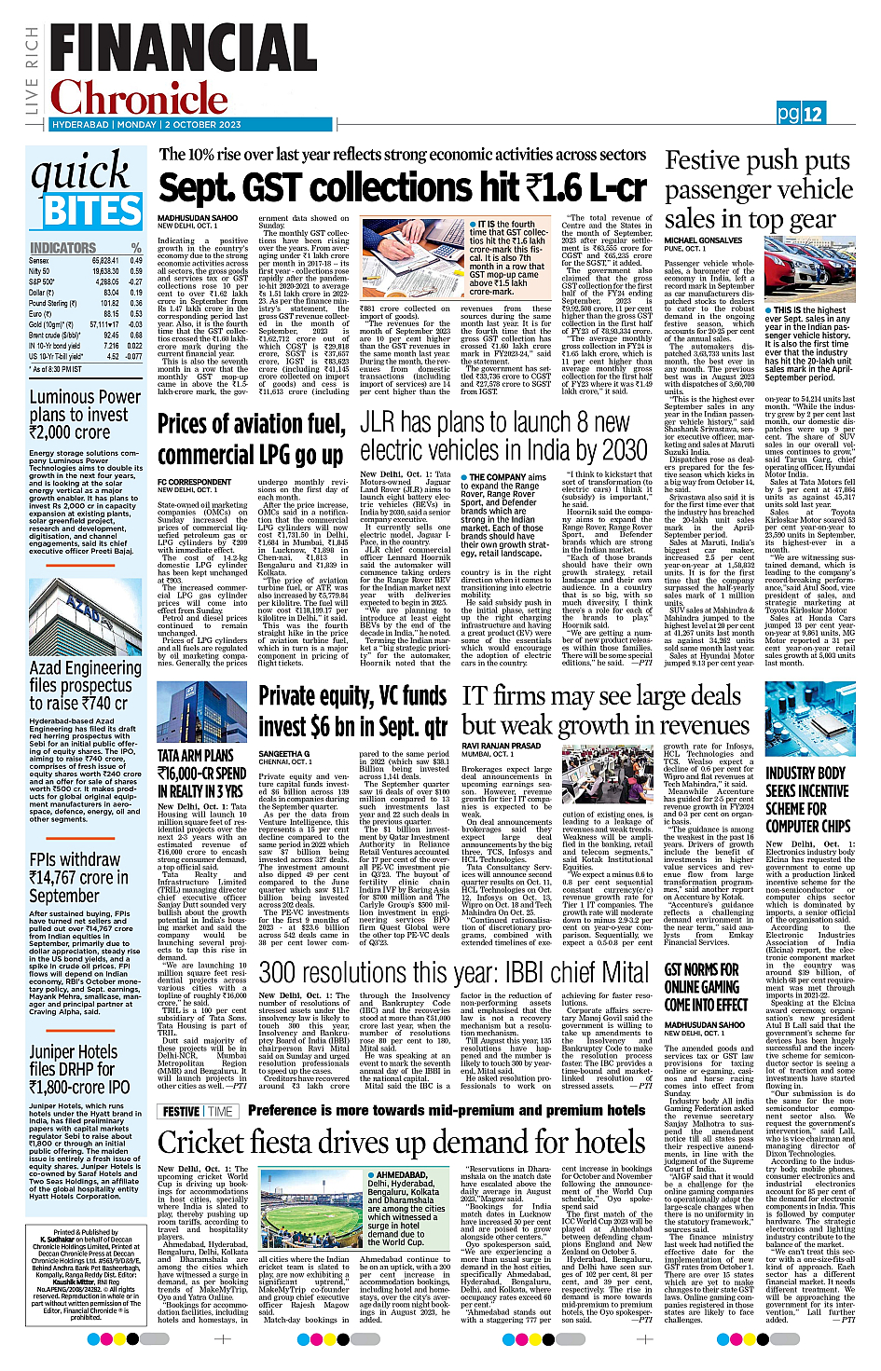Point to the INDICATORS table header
pyautogui.click(x=63, y=248)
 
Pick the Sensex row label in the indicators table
pyautogui.click(x=39, y=261)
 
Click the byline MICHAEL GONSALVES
pyautogui.click(x=703, y=240)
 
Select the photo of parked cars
pyautogui.click(x=809, y=271)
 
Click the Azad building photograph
pyautogui.click(x=85, y=624)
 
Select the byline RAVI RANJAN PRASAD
pyautogui.click(x=501, y=746)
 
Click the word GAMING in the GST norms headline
pyautogui.click(x=716, y=987)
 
